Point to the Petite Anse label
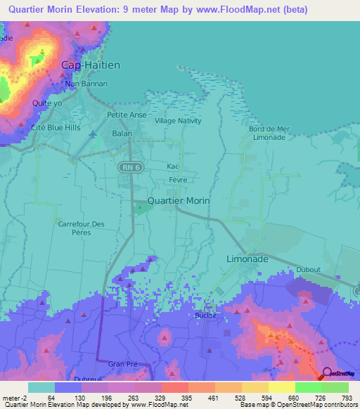point(127,115)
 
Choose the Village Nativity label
point(178,121)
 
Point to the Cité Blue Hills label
point(56,127)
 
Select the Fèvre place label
point(176,180)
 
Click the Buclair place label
point(205,316)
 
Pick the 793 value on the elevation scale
point(347,398)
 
